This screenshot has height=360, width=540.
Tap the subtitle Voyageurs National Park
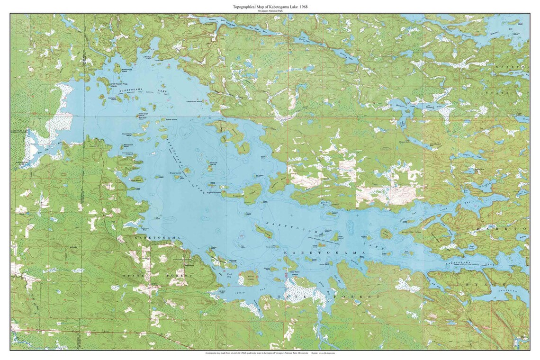pos(270,11)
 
